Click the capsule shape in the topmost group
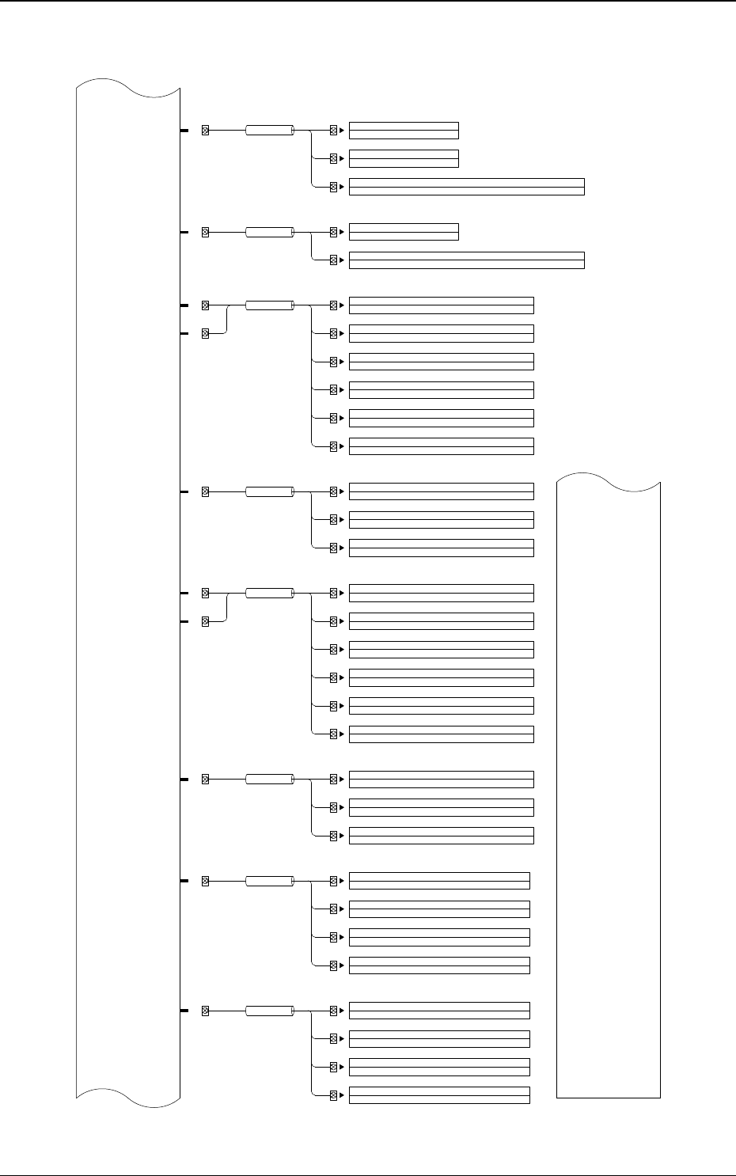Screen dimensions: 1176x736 (x=269, y=131)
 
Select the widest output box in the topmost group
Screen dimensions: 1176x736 (x=466, y=187)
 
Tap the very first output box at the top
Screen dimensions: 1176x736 (x=404, y=131)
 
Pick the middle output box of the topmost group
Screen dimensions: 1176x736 (x=404, y=158)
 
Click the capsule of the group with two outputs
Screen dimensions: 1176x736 (x=269, y=232)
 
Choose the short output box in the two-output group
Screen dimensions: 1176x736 (x=404, y=232)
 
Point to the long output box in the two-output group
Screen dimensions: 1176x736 (x=466, y=260)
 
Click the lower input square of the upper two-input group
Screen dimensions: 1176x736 (x=205, y=334)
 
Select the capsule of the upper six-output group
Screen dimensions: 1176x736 (x=269, y=305)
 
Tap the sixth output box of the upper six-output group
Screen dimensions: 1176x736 (x=441, y=446)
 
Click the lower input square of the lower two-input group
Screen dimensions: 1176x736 (x=205, y=621)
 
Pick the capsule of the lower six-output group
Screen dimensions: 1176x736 (x=269, y=593)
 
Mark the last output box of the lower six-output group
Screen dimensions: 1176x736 (x=441, y=734)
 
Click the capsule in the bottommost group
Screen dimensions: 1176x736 (x=269, y=1011)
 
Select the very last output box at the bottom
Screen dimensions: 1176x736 (x=439, y=1095)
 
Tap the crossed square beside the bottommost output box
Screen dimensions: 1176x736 (x=333, y=1095)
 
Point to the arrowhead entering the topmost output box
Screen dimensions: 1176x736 (x=342, y=131)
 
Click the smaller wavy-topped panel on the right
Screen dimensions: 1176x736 (x=609, y=791)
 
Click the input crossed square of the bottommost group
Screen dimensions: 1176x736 (x=205, y=1011)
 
